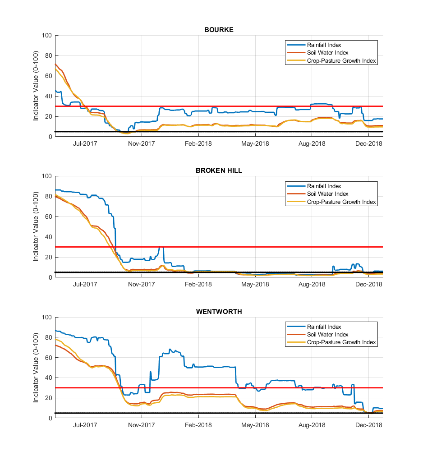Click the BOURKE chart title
coord(219,30)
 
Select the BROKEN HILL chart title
coord(219,170)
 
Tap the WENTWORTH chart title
coord(219,312)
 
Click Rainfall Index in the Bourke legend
coord(324,45)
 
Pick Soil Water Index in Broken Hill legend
coord(327,194)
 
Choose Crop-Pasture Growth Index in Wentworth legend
coord(341,342)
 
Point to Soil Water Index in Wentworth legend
coord(327,335)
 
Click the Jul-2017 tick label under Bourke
coord(85,143)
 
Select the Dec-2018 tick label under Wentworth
coord(368,425)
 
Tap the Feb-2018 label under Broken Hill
coord(198,285)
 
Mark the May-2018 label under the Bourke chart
coord(255,143)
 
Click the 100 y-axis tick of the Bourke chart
coord(47,35)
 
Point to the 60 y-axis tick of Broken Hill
coord(49,217)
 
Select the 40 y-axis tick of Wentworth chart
coord(49,378)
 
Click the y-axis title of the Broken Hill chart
coord(36,226)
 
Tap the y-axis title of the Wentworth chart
coord(36,368)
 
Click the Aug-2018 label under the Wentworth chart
coord(312,425)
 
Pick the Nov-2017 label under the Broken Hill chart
coord(142,285)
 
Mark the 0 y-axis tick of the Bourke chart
coord(51,137)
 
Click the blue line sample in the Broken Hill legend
coord(296,186)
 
